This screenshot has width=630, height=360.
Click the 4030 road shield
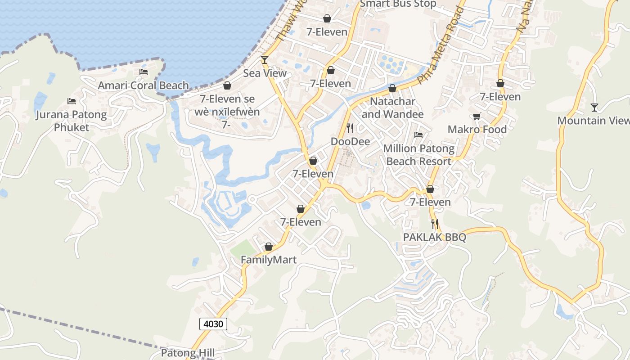click(213, 324)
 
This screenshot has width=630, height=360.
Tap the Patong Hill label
click(188, 353)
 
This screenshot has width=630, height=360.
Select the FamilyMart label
click(269, 260)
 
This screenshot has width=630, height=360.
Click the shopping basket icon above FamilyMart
click(269, 247)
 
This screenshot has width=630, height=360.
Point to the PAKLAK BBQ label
click(435, 237)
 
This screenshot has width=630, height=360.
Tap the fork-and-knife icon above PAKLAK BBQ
click(435, 224)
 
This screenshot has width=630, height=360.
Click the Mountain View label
click(593, 121)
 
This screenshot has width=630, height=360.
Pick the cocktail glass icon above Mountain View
click(594, 107)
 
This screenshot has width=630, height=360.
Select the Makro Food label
click(477, 130)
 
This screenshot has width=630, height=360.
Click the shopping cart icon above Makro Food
click(477, 116)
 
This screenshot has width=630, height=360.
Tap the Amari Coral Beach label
click(144, 85)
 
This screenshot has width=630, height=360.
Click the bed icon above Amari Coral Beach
click(144, 72)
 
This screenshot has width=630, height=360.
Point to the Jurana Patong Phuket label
click(72, 121)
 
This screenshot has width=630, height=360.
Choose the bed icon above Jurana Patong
click(72, 101)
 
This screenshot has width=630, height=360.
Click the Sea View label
click(265, 73)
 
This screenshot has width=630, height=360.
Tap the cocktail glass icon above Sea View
click(265, 60)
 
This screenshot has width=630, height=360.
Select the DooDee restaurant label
click(350, 142)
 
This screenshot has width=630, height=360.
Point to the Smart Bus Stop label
click(398, 4)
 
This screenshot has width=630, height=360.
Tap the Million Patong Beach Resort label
click(418, 155)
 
